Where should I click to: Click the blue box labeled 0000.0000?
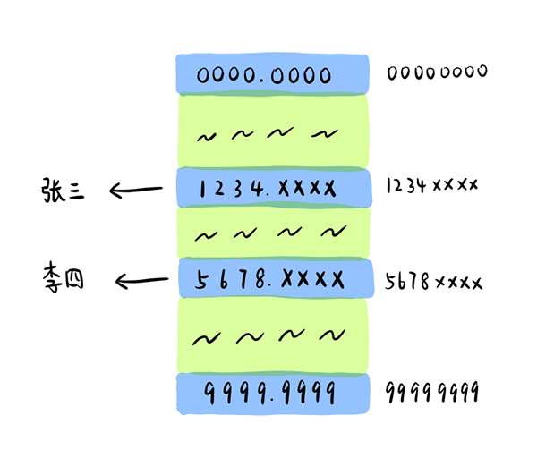273,74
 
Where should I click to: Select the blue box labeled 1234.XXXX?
274,188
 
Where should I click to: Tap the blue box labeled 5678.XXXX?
277,278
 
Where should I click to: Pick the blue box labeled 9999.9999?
273,394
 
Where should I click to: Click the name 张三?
63,191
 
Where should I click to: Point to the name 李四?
64,277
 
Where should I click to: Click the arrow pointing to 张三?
136,190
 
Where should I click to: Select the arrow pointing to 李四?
141,281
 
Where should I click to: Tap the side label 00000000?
437,72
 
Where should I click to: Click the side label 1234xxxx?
432,185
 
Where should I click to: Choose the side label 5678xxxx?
433,282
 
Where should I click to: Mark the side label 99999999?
432,392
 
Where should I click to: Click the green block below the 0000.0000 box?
273,131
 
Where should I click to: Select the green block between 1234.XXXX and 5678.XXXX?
273,233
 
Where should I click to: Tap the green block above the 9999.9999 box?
273,335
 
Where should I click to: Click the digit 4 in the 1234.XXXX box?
257,188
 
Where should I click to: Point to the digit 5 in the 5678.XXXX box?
201,280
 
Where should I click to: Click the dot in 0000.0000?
261,81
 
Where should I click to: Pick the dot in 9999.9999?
272,400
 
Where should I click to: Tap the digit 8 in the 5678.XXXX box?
260,279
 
